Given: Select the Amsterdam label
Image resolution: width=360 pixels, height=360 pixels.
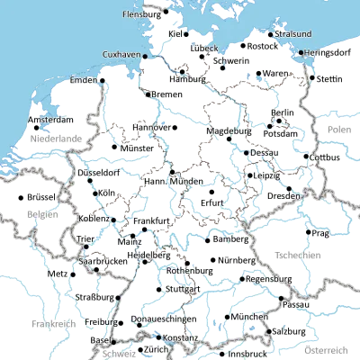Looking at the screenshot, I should click(49, 120).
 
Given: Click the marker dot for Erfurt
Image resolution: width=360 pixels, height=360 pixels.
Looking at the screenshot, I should click(211, 191).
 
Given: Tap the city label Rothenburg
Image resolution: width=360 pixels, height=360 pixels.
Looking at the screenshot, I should click(189, 269).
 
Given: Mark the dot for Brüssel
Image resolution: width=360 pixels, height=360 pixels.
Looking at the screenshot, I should click(21, 196).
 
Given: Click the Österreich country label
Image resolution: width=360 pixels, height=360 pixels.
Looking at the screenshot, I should click(326, 348).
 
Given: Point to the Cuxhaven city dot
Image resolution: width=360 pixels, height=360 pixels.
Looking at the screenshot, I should click(143, 54).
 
